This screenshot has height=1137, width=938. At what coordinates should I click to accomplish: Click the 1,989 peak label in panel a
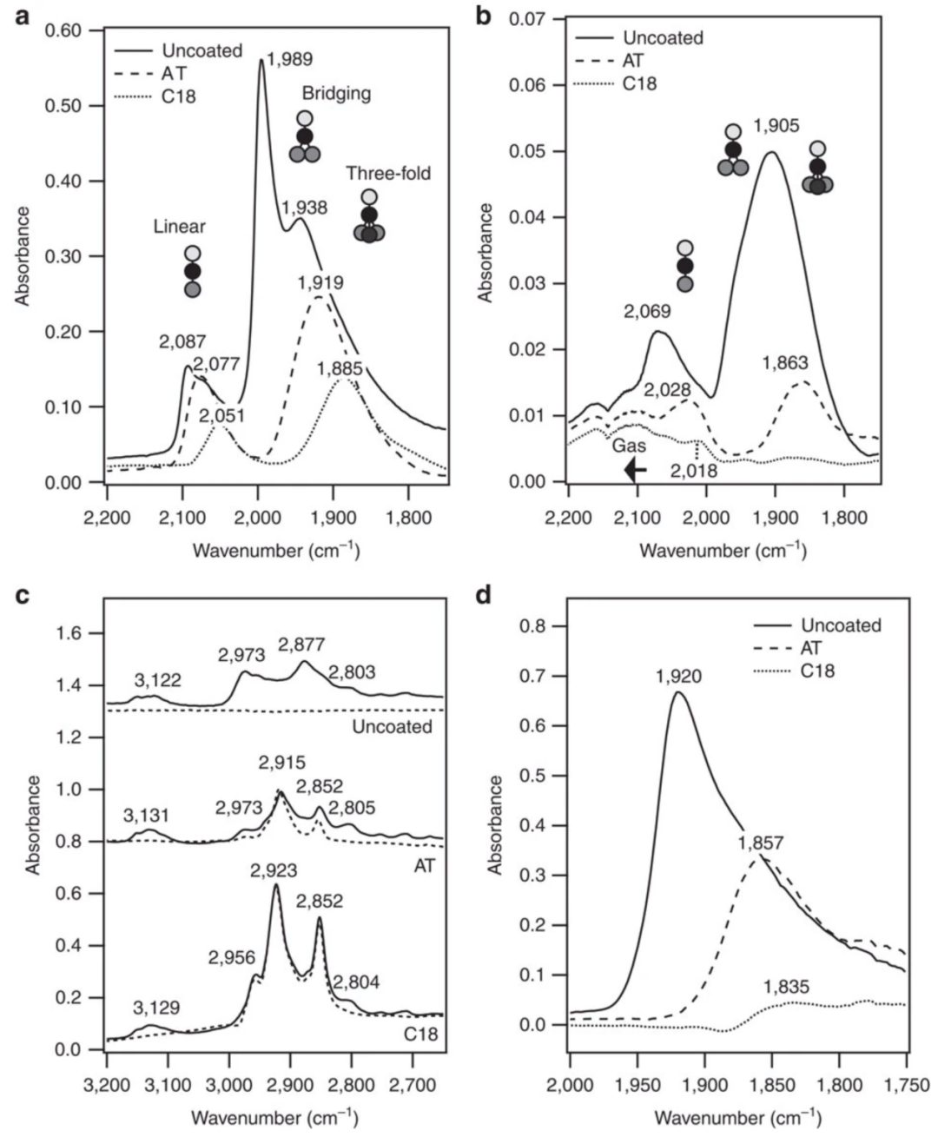point(290,60)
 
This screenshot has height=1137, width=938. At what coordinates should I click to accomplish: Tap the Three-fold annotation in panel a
point(388,174)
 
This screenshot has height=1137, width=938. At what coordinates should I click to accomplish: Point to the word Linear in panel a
point(179,227)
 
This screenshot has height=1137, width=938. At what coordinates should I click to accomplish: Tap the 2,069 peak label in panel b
point(647,311)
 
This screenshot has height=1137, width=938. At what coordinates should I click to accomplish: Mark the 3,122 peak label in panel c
point(157,682)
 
